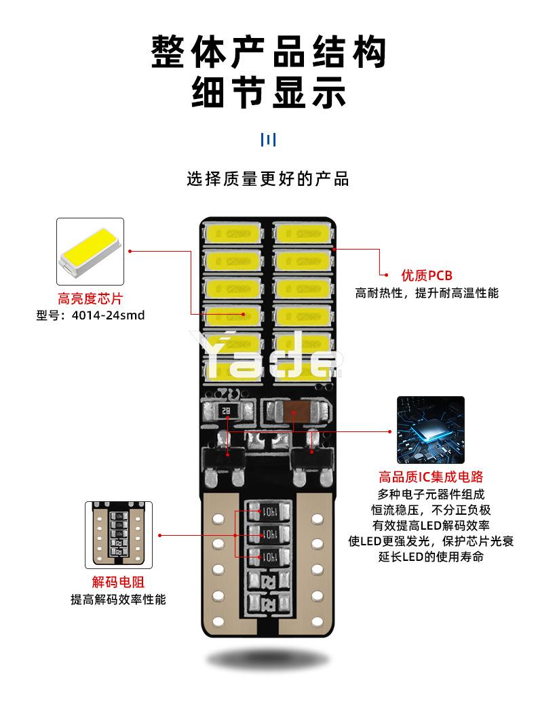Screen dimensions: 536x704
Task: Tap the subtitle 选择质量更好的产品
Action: [x=268, y=180]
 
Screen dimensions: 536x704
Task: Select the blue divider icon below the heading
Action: [x=268, y=140]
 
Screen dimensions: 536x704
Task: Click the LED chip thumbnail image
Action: [x=90, y=252]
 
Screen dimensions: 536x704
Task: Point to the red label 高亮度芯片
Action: [x=90, y=298]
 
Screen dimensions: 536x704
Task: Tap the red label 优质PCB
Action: [x=426, y=275]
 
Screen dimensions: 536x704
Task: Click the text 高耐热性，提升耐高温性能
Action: [x=427, y=293]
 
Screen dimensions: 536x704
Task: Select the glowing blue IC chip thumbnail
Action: [x=430, y=430]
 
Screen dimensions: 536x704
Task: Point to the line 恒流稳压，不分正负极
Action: [x=430, y=509]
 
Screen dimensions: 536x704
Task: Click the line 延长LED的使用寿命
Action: [x=430, y=557]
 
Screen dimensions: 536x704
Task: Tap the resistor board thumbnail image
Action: [x=118, y=534]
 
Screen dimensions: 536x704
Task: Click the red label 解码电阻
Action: [x=118, y=582]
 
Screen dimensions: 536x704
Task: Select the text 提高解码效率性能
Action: [x=118, y=600]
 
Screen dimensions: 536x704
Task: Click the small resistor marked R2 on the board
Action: [x=225, y=410]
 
